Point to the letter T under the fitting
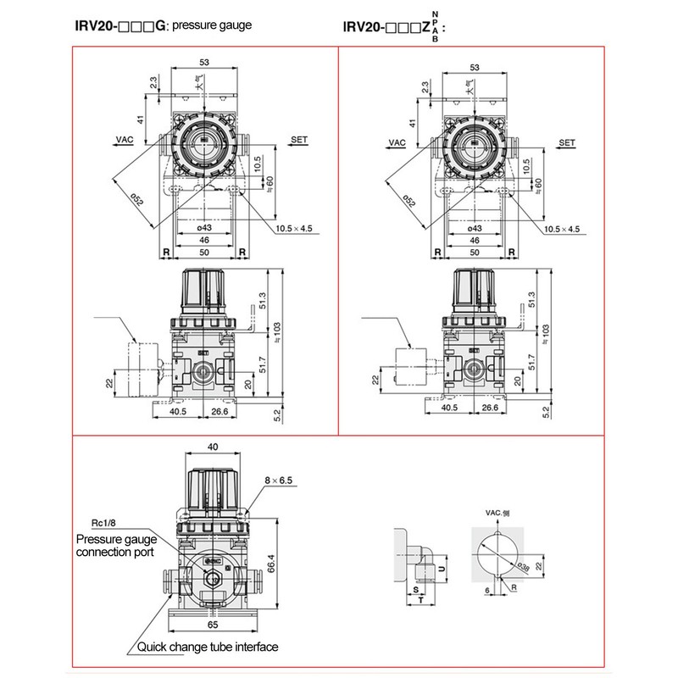421,600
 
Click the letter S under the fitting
415,587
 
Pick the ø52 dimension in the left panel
135,201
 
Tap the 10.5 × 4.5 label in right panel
561,229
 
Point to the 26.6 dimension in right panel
489,408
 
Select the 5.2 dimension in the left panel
276,415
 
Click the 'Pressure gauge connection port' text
115,545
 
